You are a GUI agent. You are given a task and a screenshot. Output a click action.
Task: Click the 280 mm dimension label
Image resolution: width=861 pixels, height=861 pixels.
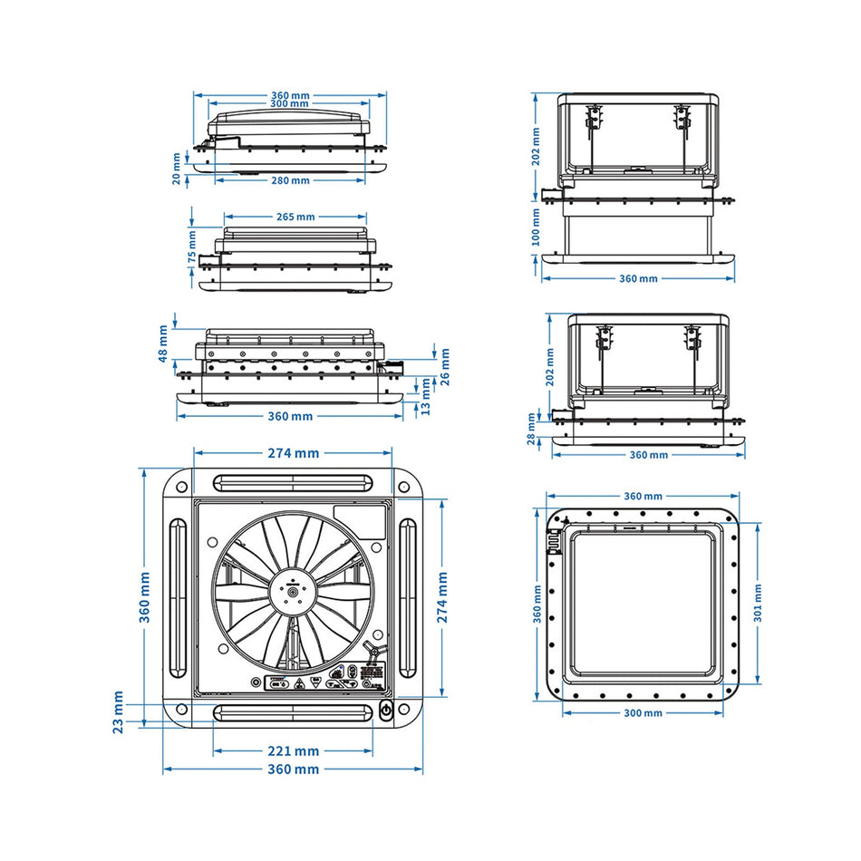[x=290, y=180]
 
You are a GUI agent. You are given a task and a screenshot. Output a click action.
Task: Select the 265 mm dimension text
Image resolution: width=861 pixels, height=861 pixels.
[x=294, y=217]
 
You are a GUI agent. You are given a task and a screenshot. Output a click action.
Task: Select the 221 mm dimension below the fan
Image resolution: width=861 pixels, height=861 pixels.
[x=293, y=750]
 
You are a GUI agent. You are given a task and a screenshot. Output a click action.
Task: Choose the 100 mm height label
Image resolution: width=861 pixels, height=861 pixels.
[x=536, y=226]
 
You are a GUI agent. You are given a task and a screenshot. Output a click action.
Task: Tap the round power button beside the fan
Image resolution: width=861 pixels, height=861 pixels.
[x=386, y=711]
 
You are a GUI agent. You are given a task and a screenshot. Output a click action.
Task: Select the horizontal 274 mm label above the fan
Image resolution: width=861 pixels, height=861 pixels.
[x=293, y=453]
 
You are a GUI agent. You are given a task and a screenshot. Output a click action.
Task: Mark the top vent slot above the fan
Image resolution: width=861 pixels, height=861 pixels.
[x=293, y=480]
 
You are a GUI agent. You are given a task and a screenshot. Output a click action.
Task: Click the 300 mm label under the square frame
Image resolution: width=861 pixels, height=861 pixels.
[x=643, y=712]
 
